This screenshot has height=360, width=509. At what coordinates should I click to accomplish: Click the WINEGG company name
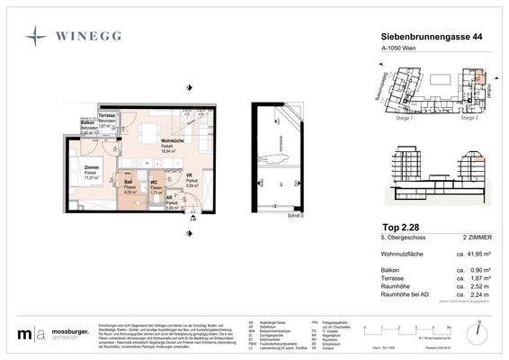click(x=89, y=36)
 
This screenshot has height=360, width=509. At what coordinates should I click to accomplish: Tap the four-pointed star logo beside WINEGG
click(x=37, y=36)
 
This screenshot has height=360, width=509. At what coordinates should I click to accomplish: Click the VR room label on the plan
click(x=189, y=175)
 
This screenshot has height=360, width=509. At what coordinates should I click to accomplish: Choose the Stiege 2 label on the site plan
click(x=468, y=117)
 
